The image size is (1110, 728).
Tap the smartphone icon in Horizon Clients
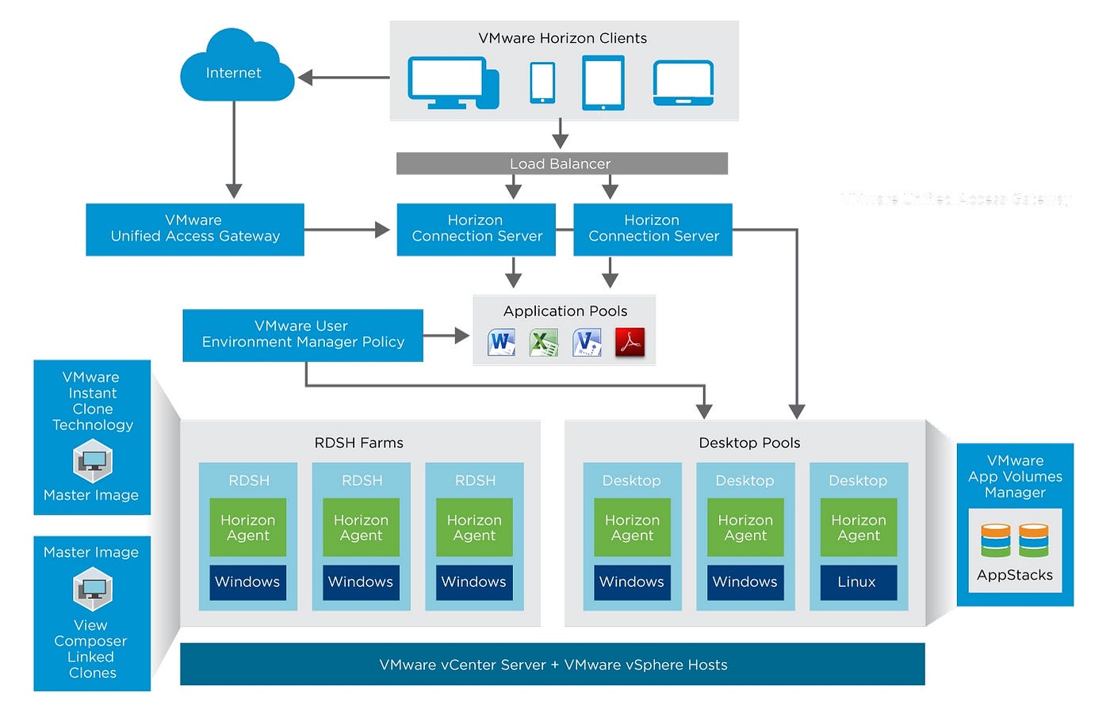[542, 82]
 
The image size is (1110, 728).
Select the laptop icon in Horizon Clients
[683, 83]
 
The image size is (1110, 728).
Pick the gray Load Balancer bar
[561, 164]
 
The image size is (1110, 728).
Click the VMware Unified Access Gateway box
[195, 229]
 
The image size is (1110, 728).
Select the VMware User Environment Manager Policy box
[302, 335]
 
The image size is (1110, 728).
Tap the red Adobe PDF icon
[630, 342]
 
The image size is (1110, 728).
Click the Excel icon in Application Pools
[543, 342]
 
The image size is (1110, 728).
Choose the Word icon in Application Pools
[500, 342]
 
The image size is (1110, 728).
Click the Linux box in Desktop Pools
[858, 582]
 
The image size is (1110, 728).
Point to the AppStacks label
[1015, 575]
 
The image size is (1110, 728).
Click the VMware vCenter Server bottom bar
[553, 665]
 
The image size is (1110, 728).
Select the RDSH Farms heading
[359, 443]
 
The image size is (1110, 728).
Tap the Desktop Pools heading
[749, 443]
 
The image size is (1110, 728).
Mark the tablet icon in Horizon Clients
[603, 82]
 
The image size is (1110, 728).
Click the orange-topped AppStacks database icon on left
[995, 539]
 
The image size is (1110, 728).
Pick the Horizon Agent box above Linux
[859, 528]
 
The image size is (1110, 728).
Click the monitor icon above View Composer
[93, 589]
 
